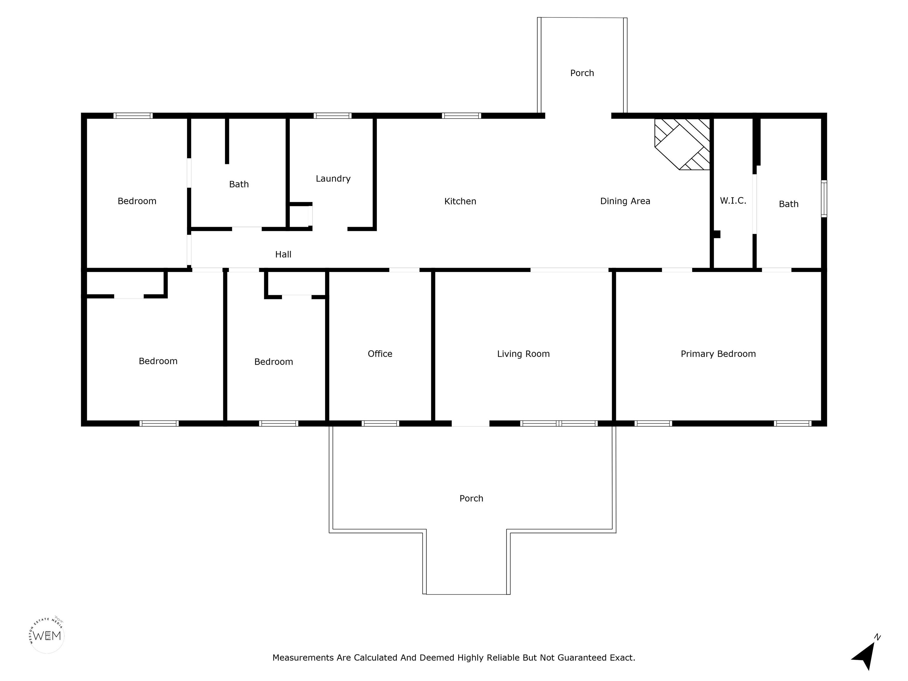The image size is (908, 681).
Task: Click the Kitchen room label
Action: (460, 201)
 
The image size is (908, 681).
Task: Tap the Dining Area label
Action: (625, 201)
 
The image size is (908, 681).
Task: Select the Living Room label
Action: (523, 354)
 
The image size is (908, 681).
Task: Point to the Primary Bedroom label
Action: (718, 354)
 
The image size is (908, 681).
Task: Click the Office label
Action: (380, 354)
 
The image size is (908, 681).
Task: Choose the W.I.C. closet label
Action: (733, 201)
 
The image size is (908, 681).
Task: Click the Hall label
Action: (283, 254)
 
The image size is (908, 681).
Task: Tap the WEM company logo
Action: (47, 635)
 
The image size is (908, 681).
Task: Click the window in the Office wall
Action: (380, 423)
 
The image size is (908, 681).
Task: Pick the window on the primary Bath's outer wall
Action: (824, 198)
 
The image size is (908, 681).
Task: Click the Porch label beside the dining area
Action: (582, 73)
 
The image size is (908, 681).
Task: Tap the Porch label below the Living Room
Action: (471, 498)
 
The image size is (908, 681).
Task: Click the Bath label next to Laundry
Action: (239, 184)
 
